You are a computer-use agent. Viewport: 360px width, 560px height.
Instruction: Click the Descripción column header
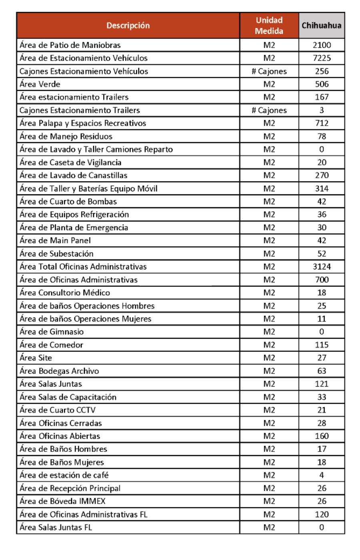[x=128, y=25]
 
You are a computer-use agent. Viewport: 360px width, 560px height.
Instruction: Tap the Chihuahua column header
[x=322, y=25]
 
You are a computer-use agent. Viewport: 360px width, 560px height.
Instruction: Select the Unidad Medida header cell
[x=269, y=25]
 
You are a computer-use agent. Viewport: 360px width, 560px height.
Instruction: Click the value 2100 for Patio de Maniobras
[x=322, y=45]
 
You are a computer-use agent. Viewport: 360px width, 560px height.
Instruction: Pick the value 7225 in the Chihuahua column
[x=322, y=58]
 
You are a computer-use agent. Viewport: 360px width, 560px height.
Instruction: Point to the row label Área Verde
[x=40, y=84]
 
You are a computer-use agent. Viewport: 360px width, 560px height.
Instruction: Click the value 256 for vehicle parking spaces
[x=322, y=71]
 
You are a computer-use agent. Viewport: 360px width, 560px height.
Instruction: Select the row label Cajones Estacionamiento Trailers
[x=80, y=110]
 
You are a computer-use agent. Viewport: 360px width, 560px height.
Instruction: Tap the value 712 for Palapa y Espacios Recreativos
[x=322, y=123]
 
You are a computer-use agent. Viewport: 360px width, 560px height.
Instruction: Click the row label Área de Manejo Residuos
[x=66, y=136]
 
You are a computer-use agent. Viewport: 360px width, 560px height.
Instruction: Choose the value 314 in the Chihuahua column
[x=322, y=188]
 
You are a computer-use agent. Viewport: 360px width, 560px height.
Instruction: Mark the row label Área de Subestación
[x=56, y=253]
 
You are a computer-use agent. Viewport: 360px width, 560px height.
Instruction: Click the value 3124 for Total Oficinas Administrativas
[x=322, y=267]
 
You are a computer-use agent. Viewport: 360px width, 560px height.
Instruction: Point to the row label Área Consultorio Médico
[x=65, y=293]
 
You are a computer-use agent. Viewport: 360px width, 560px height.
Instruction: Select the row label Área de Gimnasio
[x=52, y=331]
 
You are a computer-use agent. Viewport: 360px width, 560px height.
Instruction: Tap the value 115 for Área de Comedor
[x=322, y=345]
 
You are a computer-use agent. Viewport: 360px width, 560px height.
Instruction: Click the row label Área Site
[x=36, y=357]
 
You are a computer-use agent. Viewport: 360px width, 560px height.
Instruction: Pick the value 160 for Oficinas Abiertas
[x=322, y=436]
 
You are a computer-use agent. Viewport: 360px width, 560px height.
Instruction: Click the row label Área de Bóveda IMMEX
[x=62, y=501]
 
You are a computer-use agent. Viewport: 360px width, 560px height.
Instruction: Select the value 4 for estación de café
[x=322, y=475]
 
